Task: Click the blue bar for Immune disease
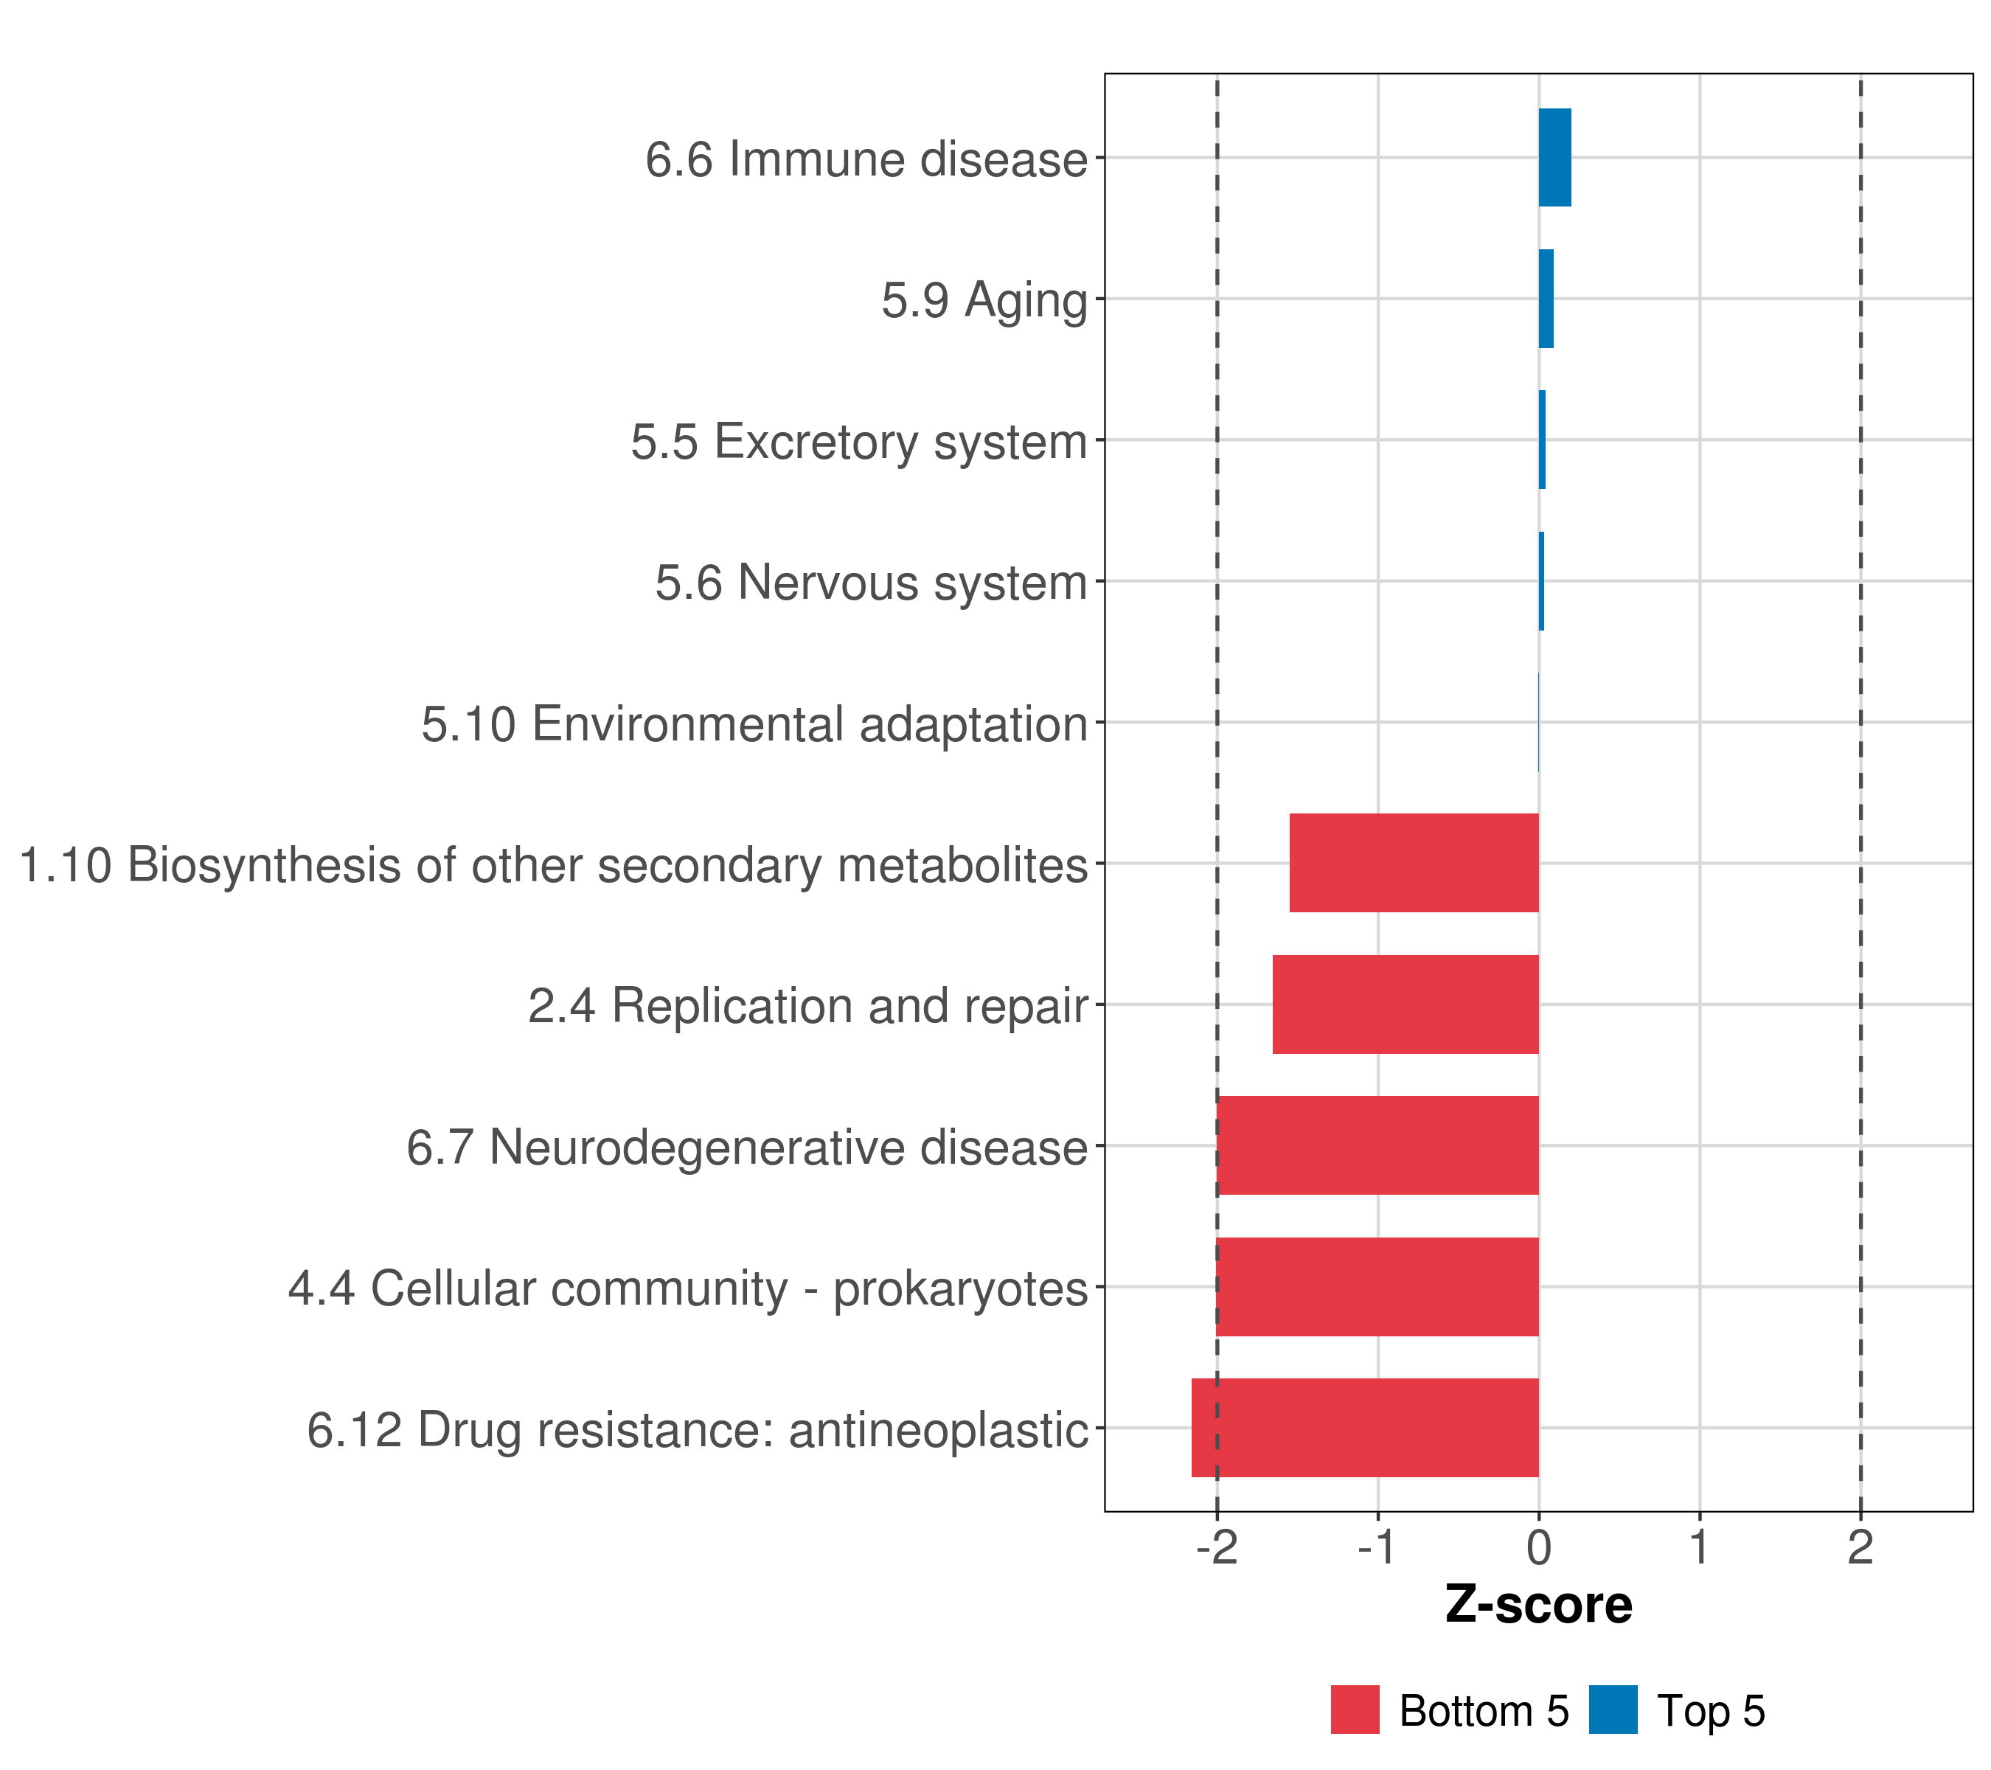click(x=1554, y=158)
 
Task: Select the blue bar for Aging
click(x=1546, y=299)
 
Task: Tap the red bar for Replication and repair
click(x=1405, y=1004)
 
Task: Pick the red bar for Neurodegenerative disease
click(x=1377, y=1145)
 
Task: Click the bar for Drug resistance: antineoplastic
click(x=1365, y=1428)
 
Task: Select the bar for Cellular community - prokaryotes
click(x=1377, y=1287)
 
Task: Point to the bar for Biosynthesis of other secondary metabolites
click(x=1414, y=863)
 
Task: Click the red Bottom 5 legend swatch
click(x=1355, y=1710)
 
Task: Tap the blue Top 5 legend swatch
click(x=1613, y=1710)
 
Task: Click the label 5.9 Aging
click(x=984, y=300)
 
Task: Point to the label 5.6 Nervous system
click(x=871, y=583)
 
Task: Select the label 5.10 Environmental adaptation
click(x=754, y=723)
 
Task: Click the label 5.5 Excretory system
click(x=858, y=441)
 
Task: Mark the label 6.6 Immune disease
click(x=866, y=159)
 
